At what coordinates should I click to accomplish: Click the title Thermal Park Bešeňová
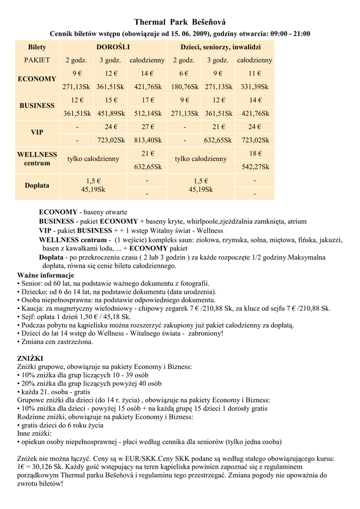[180, 22]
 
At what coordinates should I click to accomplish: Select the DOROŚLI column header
[113, 47]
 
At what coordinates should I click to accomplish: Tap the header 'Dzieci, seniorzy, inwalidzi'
[220, 47]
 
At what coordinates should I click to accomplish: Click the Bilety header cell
[37, 47]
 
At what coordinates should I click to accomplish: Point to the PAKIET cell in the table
[37, 60]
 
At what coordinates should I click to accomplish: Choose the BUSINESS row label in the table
[37, 106]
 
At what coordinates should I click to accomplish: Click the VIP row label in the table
[37, 133]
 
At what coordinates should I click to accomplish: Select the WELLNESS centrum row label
[37, 159]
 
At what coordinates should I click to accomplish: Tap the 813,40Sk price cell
[148, 140]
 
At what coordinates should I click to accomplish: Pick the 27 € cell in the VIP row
[148, 127]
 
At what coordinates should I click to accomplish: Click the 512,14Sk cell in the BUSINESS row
[148, 113]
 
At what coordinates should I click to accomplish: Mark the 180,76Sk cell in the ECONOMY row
[184, 86]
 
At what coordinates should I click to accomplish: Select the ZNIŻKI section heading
[30, 358]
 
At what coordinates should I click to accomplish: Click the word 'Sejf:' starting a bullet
[28, 317]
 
